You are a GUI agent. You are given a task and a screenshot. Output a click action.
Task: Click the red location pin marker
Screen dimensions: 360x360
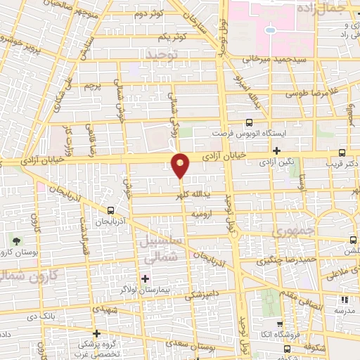tap(181, 165)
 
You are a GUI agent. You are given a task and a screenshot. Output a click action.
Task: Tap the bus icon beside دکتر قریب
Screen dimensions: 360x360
tap(342, 153)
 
